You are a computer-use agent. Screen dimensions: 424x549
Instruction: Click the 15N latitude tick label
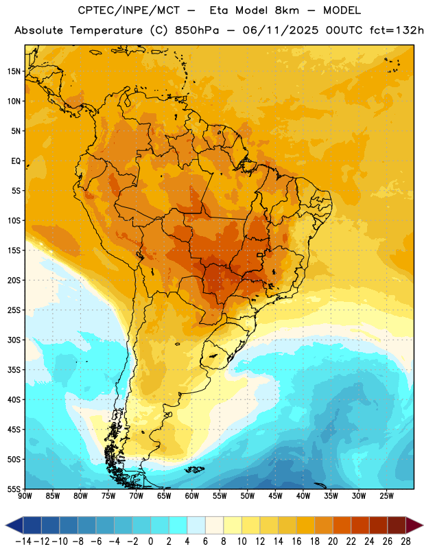click(x=14, y=71)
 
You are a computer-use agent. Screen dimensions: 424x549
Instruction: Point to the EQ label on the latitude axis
click(x=16, y=161)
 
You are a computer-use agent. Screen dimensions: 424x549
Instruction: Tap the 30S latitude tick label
click(x=14, y=340)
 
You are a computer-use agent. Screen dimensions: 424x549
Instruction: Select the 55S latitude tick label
click(x=14, y=489)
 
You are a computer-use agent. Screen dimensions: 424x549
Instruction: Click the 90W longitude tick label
click(x=25, y=496)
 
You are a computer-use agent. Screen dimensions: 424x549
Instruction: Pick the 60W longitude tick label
click(x=192, y=496)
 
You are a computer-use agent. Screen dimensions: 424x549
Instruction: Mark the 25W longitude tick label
click(x=386, y=496)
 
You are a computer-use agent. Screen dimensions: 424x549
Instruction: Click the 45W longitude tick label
click(x=275, y=496)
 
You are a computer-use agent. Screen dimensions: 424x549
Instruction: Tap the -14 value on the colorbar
click(x=23, y=541)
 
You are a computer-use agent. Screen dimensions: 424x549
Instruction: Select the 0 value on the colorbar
click(x=151, y=541)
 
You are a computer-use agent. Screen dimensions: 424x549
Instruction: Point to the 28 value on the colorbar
click(x=405, y=541)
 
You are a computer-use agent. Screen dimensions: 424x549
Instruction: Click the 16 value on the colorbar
click(x=296, y=541)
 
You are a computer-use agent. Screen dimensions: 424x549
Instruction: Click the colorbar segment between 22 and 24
click(x=360, y=525)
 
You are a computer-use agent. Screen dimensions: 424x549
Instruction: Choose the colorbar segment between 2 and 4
click(x=178, y=525)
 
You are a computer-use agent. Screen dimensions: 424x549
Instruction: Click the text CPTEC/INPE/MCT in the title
click(x=129, y=10)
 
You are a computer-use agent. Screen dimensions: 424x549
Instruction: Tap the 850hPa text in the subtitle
click(x=197, y=30)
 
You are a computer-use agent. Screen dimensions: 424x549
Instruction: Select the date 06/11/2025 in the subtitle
click(x=281, y=30)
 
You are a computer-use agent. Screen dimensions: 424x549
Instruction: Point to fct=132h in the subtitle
click(x=397, y=30)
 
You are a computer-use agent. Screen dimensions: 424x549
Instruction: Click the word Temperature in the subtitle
click(x=106, y=31)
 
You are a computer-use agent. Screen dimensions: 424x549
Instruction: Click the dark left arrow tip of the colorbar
click(x=6, y=525)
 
